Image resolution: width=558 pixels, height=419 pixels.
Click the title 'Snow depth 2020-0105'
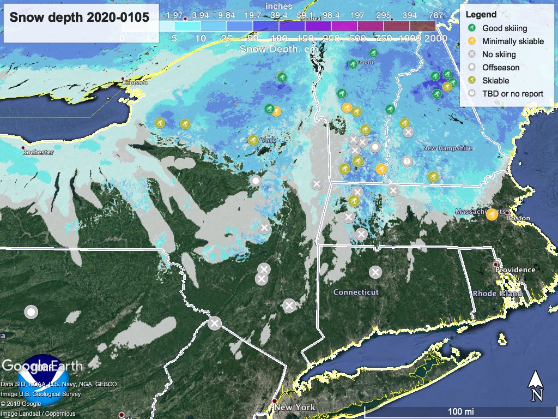80,17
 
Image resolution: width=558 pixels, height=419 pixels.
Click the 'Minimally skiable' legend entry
513,41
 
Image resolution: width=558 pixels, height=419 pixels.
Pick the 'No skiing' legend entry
499,54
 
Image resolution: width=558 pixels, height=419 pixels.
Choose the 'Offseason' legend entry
500,67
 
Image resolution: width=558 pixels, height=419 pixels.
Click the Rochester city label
38,152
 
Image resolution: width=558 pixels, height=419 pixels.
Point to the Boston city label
518,218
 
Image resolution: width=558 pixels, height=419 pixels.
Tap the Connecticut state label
356,292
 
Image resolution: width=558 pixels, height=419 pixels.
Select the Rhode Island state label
498,294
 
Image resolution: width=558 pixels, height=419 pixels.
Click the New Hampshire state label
447,148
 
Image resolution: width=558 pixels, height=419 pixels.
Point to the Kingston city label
136,83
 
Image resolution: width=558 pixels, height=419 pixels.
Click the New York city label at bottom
295,408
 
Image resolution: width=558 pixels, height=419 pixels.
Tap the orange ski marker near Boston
492,214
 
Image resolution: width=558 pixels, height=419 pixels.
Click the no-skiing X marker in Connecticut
375,272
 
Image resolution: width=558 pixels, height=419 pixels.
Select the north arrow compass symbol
535,385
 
